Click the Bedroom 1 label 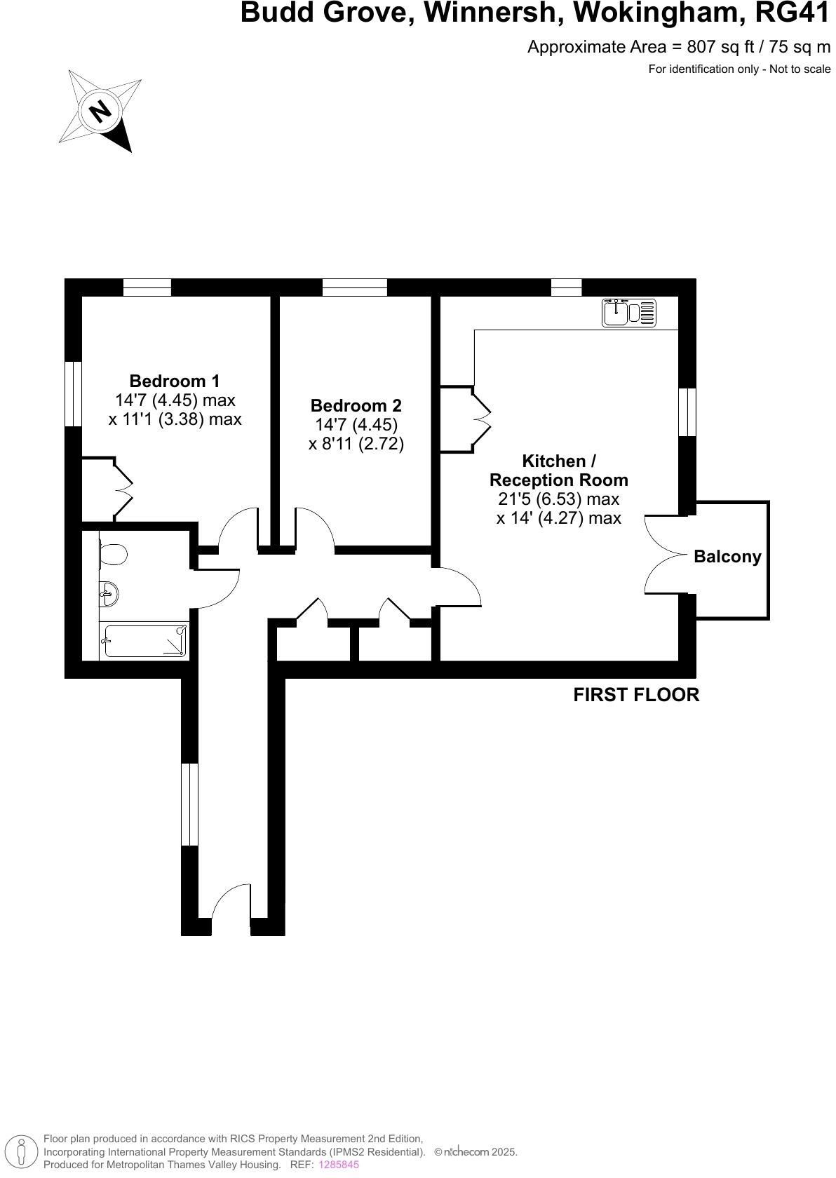tap(174, 381)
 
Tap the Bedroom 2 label tap(356, 405)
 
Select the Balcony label tap(727, 557)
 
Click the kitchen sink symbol tap(628, 313)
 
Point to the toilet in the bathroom tap(113, 554)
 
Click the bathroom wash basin tap(109, 595)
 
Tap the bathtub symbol tap(144, 640)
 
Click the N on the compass tap(100, 111)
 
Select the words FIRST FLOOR tap(636, 695)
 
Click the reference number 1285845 tap(338, 1164)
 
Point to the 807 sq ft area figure tap(721, 48)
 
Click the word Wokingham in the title tap(659, 13)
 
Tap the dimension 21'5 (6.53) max tap(558, 499)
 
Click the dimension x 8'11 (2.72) tap(356, 444)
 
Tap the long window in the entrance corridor tap(189, 804)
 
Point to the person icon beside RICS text tap(22, 1151)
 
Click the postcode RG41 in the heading tap(793, 13)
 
